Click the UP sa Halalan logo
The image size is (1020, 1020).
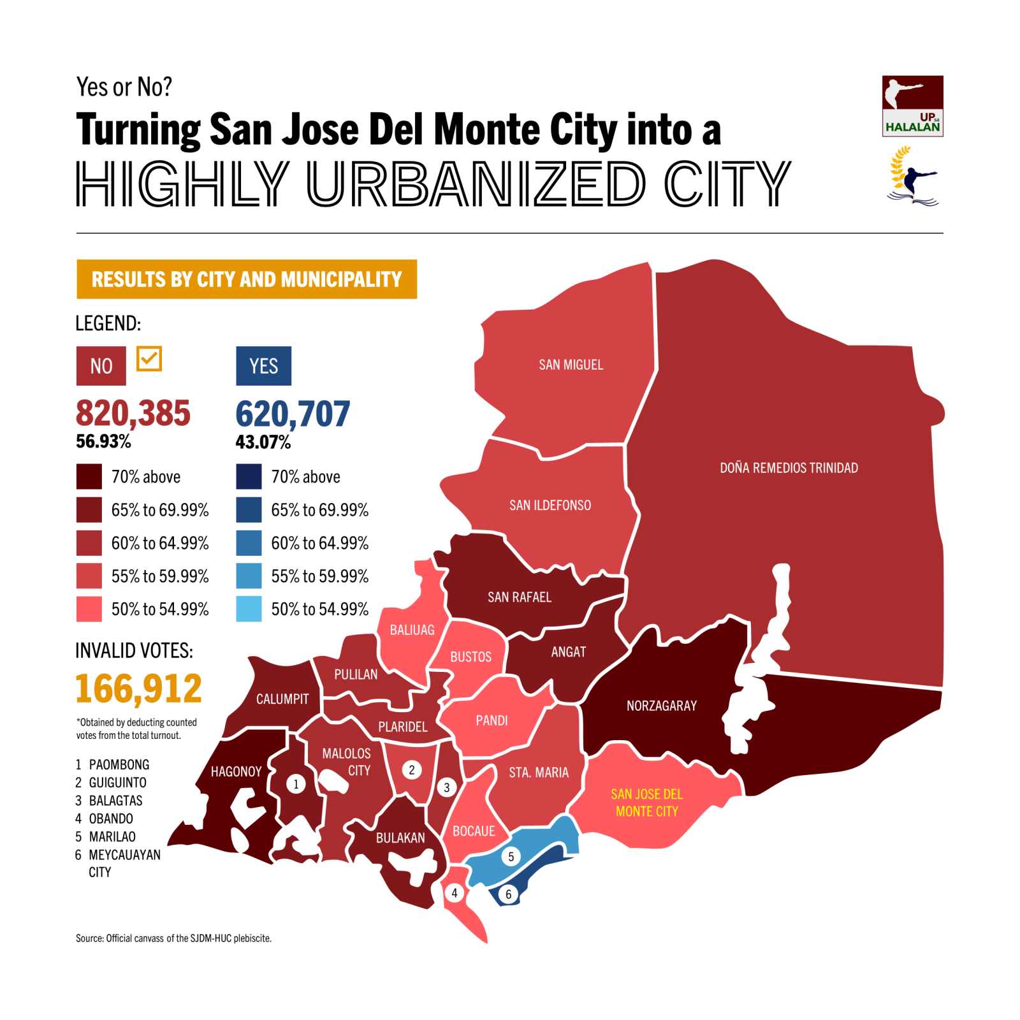point(912,106)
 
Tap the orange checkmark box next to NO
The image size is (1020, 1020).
point(149,359)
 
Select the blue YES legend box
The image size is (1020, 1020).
point(263,366)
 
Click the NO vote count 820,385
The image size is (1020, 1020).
point(133,413)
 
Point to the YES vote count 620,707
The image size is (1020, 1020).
point(293,414)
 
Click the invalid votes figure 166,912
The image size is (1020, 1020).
point(138,688)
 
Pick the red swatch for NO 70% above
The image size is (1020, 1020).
point(89,477)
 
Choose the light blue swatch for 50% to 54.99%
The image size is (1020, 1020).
point(249,609)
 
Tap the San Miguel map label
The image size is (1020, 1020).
point(571,365)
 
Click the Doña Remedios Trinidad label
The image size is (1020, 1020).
point(789,468)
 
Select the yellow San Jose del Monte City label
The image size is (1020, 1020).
point(646,803)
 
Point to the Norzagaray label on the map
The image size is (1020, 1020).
point(661,706)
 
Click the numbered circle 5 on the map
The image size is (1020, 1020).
point(511,857)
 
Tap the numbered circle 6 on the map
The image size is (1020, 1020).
point(508,894)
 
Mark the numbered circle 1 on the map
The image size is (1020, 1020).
point(296,784)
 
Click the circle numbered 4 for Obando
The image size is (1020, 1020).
point(455,893)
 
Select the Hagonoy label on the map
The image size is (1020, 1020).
point(236,771)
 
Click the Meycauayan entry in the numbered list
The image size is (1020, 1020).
point(124,855)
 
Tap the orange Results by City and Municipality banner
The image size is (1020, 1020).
point(247,279)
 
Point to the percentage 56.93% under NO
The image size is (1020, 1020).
point(103,441)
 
